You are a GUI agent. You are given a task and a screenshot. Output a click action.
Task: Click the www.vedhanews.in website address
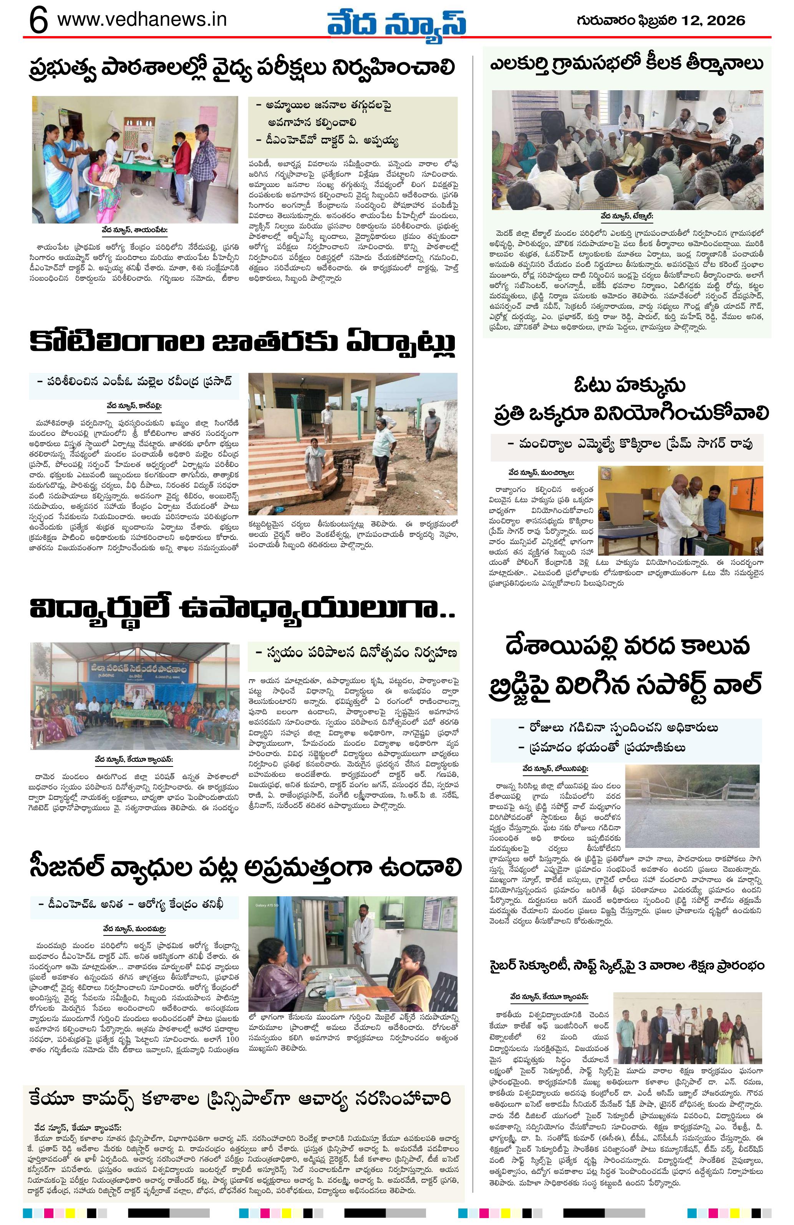coord(142,20)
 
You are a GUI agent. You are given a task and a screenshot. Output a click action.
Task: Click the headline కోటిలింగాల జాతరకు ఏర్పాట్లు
coord(242,342)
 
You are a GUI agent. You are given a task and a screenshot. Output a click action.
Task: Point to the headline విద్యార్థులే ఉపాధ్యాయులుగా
coord(242,609)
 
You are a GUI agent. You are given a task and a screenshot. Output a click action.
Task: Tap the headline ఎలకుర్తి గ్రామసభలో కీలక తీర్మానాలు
coord(626,65)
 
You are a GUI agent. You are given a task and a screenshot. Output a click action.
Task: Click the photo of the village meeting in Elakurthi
coord(628,150)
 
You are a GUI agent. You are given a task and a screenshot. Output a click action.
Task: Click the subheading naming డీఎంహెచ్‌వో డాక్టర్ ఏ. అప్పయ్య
coord(327,140)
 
